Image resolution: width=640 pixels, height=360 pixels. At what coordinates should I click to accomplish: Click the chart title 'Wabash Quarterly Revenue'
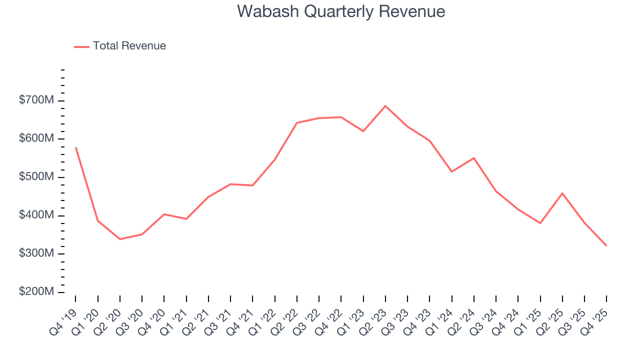coord(341,11)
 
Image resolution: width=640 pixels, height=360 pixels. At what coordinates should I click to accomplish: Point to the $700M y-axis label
coord(36,100)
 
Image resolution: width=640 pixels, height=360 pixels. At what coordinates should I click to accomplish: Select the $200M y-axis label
coord(36,292)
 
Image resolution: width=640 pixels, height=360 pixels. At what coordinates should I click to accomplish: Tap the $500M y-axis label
coord(36,177)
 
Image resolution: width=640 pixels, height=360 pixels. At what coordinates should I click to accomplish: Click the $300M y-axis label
coord(36,253)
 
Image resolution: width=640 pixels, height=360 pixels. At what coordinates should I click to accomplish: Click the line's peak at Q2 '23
coord(385,106)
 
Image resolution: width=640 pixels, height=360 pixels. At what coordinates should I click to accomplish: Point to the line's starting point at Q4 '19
coord(76,147)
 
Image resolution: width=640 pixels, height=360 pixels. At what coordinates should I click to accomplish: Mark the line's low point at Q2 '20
coord(120,239)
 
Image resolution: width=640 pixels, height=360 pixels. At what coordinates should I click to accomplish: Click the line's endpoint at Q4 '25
coord(606,245)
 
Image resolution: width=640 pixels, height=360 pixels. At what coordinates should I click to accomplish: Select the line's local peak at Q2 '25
coord(562,193)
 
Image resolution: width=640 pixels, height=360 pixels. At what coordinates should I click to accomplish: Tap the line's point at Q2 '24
coord(474,158)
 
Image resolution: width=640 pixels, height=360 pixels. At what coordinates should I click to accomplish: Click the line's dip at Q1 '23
coord(363,131)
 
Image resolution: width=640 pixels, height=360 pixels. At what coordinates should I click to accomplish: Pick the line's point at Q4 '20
coord(164,214)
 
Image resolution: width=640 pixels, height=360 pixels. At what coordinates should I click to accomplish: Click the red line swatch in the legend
coord(81,46)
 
